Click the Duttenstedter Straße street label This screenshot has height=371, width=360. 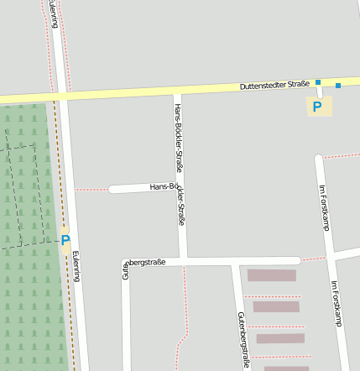coord(274,85)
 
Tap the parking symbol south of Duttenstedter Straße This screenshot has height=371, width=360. coord(317,107)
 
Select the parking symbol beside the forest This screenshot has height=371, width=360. coord(65,240)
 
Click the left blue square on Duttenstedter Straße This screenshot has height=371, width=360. coord(318,82)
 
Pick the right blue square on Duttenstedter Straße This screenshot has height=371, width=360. coord(338,85)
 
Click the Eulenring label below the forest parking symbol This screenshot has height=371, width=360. coord(77,267)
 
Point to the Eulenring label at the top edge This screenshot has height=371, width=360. coord(54,12)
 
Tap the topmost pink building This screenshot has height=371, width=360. coord(272,275)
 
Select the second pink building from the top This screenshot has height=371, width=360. coord(276,306)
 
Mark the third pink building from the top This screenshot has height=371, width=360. coord(280,338)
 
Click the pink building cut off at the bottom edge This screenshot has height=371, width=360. coord(286,368)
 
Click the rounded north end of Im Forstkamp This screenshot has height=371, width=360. coord(319,158)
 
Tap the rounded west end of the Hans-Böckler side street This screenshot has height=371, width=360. coord(112,189)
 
